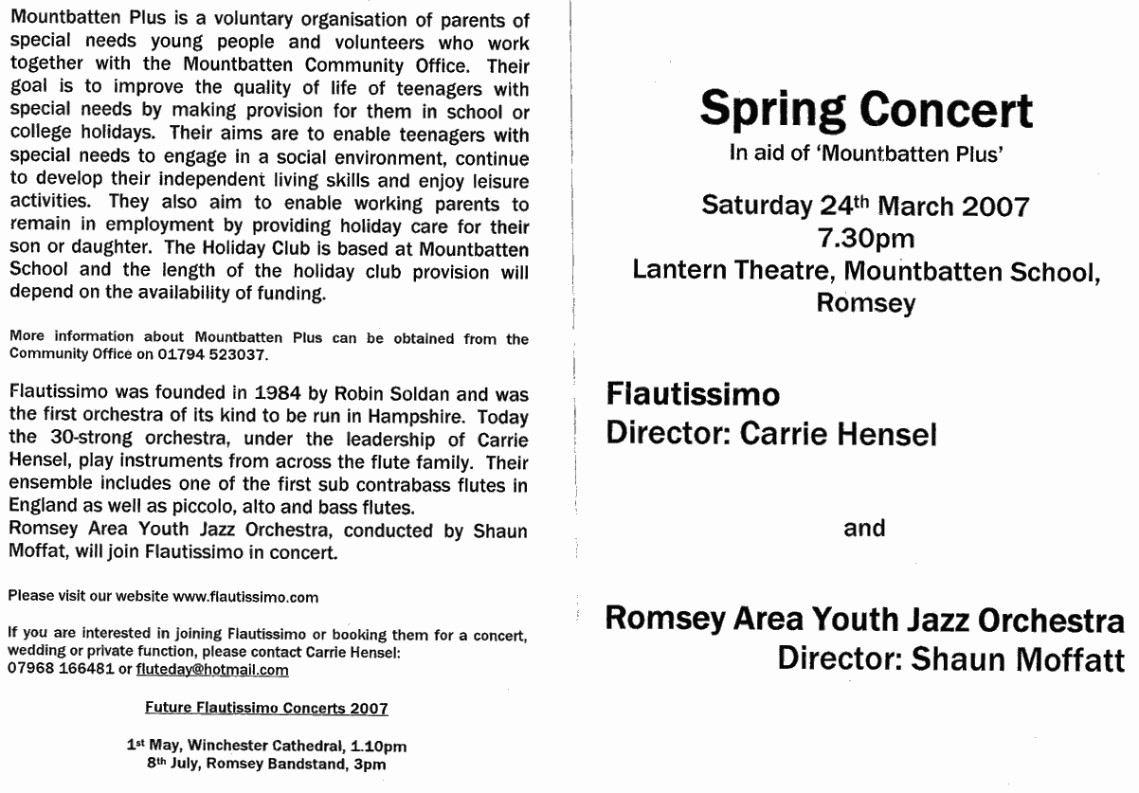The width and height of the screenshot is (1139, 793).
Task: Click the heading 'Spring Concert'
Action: point(866,110)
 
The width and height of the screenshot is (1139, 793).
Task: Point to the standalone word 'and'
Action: point(864,528)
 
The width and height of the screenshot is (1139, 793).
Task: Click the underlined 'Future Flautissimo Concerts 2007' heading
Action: point(265,708)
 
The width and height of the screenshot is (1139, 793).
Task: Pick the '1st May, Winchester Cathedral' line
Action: point(267,746)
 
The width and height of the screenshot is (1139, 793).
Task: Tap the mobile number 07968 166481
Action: point(56,670)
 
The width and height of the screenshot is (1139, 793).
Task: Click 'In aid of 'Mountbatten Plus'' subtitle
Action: point(865,154)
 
